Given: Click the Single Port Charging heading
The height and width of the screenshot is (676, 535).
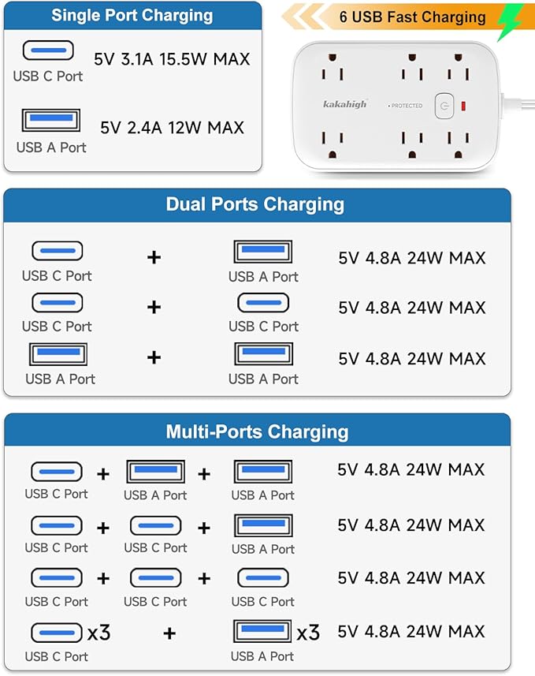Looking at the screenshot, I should click(x=132, y=15).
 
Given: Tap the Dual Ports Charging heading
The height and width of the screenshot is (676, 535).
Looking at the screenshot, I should click(x=254, y=204).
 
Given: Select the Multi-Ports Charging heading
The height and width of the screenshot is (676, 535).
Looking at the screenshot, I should click(x=257, y=431).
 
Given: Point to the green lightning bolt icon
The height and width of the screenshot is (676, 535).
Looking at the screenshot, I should click(x=510, y=21).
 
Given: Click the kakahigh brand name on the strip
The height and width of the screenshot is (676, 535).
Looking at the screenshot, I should click(x=344, y=104).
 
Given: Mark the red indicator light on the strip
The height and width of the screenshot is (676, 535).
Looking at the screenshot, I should click(x=463, y=105).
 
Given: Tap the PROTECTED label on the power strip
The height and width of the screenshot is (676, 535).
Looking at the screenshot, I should click(x=406, y=105).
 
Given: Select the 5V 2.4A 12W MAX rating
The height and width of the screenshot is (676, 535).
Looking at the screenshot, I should click(x=172, y=127).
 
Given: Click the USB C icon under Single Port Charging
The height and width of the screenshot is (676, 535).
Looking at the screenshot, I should click(x=48, y=50).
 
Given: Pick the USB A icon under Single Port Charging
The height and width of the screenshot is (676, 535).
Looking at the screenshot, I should click(x=50, y=121).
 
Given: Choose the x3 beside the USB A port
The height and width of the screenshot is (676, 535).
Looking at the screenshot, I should click(x=308, y=632).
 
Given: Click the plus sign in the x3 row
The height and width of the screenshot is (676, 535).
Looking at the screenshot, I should click(x=169, y=633).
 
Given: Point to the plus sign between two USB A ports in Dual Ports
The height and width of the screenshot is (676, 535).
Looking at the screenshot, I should click(x=154, y=357).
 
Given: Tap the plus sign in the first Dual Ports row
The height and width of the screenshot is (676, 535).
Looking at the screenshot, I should click(x=154, y=256).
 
